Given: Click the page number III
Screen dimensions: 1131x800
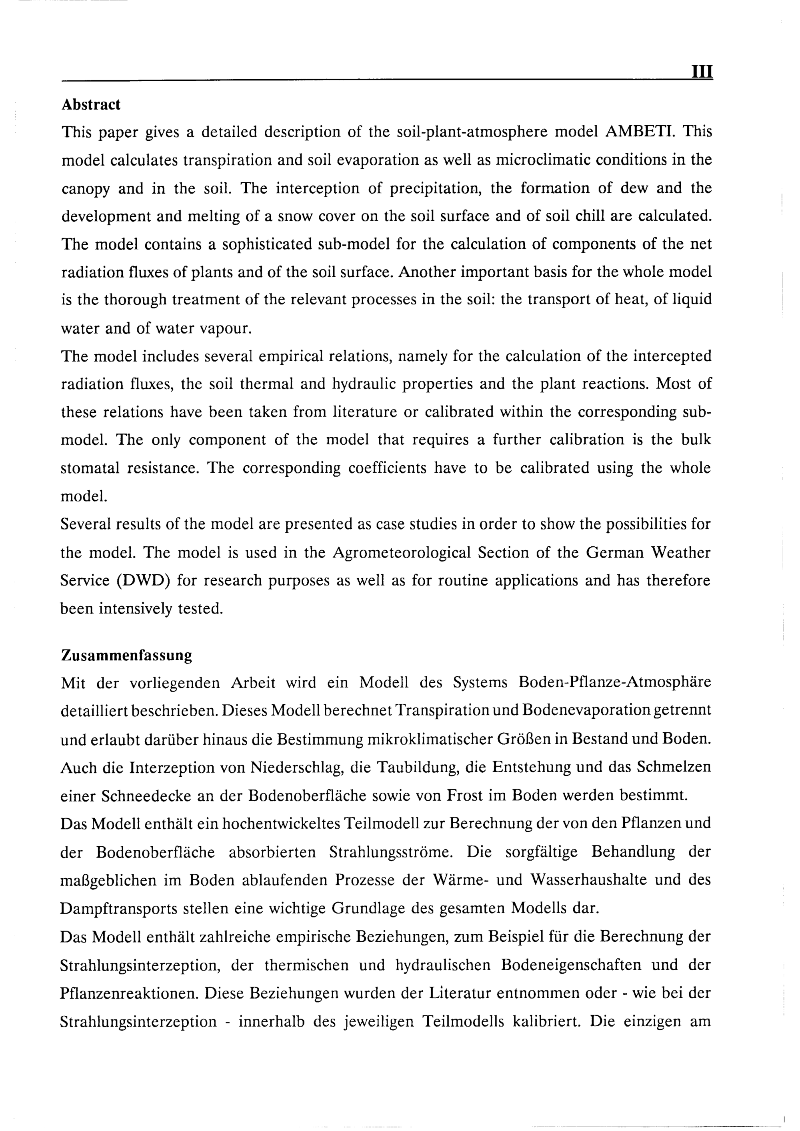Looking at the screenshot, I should (702, 72).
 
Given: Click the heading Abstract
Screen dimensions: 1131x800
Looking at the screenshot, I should (91, 104).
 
